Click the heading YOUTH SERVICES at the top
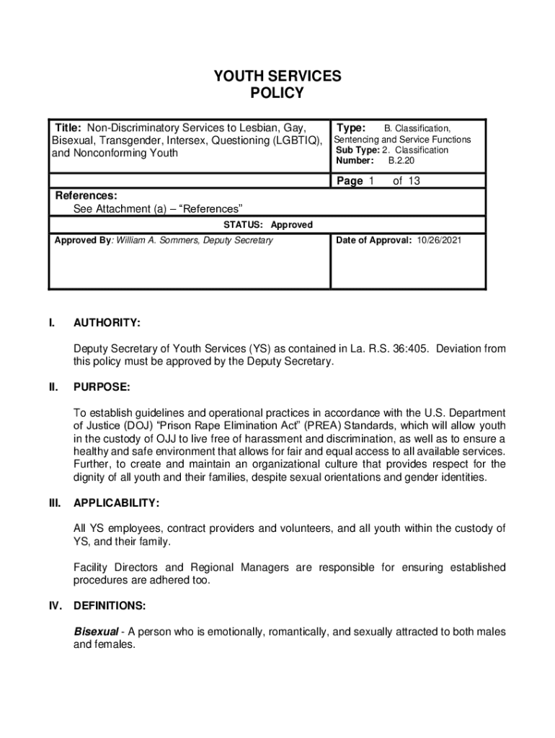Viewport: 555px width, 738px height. click(x=277, y=76)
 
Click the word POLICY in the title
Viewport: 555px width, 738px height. click(x=277, y=93)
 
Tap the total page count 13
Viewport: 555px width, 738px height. click(x=413, y=181)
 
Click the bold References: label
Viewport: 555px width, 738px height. click(x=86, y=195)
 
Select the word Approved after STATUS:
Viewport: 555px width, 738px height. click(x=291, y=225)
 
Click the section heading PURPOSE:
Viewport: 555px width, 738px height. click(x=102, y=388)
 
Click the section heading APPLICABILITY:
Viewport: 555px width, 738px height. click(x=116, y=502)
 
